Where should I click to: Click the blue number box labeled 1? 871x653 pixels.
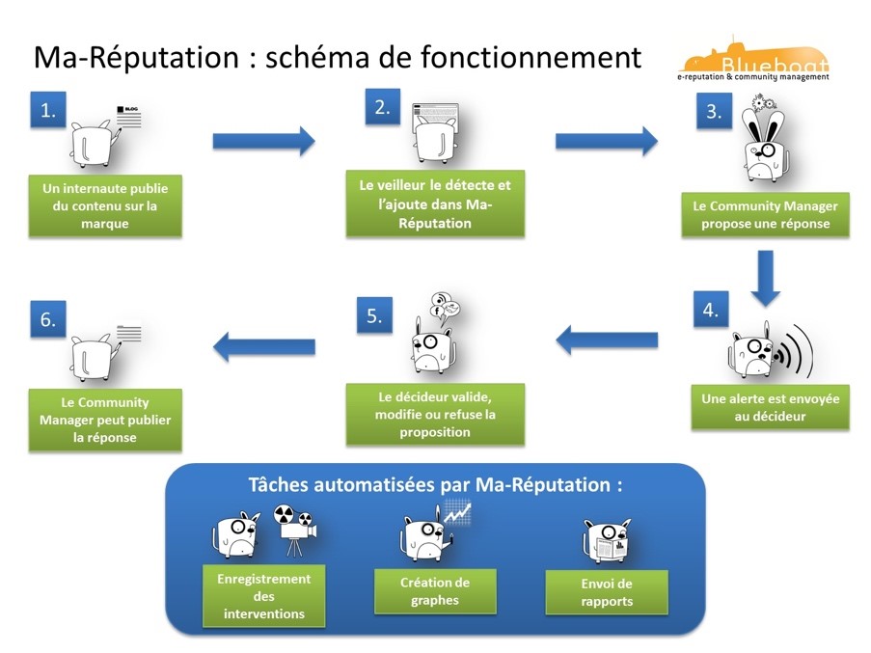pos(46,111)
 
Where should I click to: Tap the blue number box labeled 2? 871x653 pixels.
pos(382,107)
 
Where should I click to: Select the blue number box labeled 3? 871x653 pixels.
pos(713,111)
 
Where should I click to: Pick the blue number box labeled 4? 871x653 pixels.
pos(710,310)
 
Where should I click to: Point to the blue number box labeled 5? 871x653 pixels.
pos(374,315)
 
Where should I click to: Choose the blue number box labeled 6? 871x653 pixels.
pos(47,320)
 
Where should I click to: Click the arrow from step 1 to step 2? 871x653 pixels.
pos(263,141)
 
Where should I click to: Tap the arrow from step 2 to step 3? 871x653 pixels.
pos(606,141)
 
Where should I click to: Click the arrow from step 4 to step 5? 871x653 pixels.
pos(607,339)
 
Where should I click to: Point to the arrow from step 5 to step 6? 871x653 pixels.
pos(263,343)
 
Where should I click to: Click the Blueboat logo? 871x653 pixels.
pos(752,62)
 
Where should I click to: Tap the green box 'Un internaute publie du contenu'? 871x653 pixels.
pos(105,205)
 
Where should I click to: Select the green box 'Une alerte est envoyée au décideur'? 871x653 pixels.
pos(770,407)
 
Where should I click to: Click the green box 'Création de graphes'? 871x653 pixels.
pos(435,590)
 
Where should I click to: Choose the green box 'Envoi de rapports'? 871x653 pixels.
pos(607,593)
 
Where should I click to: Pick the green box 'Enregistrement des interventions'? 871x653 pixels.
pos(264,596)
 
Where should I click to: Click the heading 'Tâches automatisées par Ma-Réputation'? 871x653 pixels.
pos(435,485)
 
